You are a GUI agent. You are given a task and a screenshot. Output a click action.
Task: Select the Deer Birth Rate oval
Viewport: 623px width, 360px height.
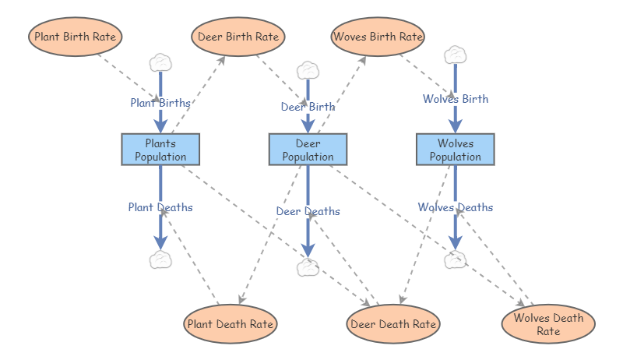click(x=238, y=37)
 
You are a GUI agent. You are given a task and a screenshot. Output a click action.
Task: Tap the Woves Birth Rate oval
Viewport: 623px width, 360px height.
click(x=378, y=37)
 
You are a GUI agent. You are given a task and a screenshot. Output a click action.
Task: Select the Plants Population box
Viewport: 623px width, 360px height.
click(x=160, y=150)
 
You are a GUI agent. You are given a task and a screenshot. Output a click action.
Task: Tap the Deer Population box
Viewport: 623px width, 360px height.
click(x=308, y=150)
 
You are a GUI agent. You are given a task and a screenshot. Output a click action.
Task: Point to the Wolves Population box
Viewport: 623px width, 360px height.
click(x=456, y=150)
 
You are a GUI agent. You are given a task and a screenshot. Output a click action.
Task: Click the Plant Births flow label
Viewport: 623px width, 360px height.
click(x=160, y=102)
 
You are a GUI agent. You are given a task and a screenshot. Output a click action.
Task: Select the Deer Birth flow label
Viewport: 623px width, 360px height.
click(x=308, y=107)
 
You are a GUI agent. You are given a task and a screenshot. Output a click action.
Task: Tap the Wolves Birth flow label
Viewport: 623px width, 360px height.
click(x=456, y=99)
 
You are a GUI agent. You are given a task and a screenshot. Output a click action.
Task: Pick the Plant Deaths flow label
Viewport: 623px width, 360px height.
click(x=160, y=207)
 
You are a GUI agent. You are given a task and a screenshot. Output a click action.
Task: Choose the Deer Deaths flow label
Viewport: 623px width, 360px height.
click(x=308, y=211)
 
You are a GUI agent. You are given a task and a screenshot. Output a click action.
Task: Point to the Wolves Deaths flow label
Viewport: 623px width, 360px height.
click(x=456, y=207)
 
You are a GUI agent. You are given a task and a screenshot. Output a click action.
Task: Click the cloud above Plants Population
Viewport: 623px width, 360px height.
click(x=160, y=62)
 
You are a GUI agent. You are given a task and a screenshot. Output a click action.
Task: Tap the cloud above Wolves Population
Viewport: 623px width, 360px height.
click(x=455, y=55)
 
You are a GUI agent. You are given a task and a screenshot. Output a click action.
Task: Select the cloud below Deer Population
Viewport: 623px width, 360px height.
click(x=308, y=267)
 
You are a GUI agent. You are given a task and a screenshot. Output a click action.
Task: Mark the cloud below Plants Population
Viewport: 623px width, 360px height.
click(x=160, y=259)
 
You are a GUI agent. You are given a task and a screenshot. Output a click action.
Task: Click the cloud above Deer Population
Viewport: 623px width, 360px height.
click(x=308, y=69)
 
